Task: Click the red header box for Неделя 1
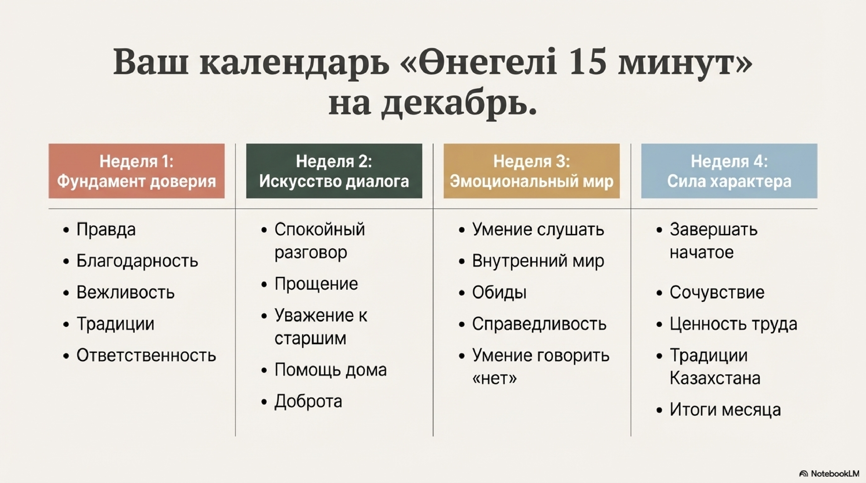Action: (x=137, y=171)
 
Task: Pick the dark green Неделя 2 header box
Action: (x=334, y=171)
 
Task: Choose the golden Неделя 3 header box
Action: (x=532, y=171)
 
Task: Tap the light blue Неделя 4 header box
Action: (x=729, y=171)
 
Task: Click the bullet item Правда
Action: (x=106, y=230)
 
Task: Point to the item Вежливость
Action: (x=125, y=292)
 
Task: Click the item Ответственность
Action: (x=146, y=355)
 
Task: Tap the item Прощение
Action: (x=316, y=284)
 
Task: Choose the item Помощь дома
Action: (x=330, y=370)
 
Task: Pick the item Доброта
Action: (x=308, y=401)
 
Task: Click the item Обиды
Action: (x=499, y=292)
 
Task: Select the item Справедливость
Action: (x=539, y=324)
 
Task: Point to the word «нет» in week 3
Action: (x=494, y=379)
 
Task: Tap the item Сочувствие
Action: (x=717, y=292)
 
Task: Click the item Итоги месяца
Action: (x=725, y=410)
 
